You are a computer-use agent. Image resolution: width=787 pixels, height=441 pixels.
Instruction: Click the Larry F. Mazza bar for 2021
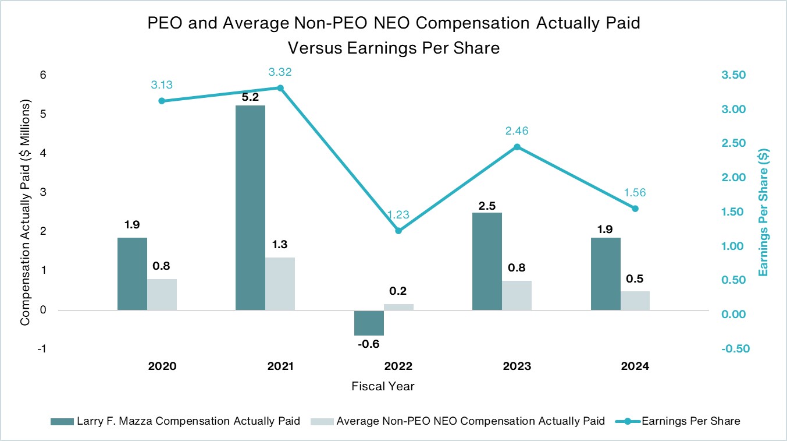pyautogui.click(x=250, y=208)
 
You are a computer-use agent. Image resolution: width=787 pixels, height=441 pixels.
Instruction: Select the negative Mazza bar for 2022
pyautogui.click(x=369, y=323)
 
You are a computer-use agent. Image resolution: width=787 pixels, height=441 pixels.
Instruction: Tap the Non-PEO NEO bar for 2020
pyautogui.click(x=162, y=295)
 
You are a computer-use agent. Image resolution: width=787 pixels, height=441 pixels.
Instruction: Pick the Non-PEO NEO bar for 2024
pyautogui.click(x=635, y=301)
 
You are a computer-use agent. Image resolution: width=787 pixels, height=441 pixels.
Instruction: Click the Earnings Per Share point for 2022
pyautogui.click(x=398, y=231)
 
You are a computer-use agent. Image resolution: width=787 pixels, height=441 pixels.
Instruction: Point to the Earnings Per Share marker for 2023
pyautogui.click(x=517, y=147)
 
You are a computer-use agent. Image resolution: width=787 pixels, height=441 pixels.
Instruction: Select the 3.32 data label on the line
pyautogui.click(x=280, y=72)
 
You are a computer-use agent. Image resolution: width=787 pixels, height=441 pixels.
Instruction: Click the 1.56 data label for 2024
pyautogui.click(x=635, y=193)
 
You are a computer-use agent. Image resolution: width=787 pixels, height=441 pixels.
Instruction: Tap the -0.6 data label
pyautogui.click(x=369, y=344)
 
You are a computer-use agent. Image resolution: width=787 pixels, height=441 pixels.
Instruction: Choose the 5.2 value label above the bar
pyautogui.click(x=250, y=97)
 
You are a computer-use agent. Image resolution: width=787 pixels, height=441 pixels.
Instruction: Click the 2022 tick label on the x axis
pyautogui.click(x=398, y=367)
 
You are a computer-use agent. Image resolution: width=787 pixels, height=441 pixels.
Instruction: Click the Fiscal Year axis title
pyautogui.click(x=383, y=386)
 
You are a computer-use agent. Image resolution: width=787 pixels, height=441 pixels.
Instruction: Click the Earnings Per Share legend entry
pyautogui.click(x=690, y=421)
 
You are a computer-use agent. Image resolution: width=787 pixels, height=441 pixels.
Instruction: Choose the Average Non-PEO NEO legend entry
pyautogui.click(x=471, y=421)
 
